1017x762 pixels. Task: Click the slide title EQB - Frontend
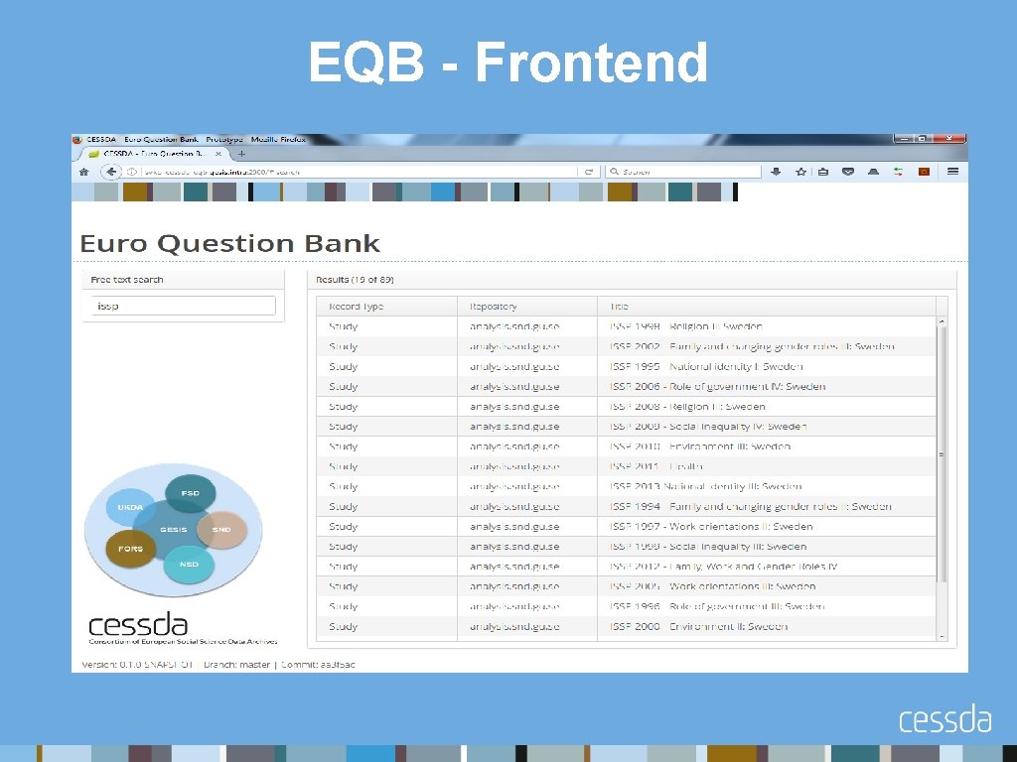click(508, 63)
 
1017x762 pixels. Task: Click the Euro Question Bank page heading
click(229, 243)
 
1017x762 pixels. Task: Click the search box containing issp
click(184, 307)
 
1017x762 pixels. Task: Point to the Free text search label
click(127, 280)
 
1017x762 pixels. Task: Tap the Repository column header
click(494, 307)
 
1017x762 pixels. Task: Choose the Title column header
click(621, 307)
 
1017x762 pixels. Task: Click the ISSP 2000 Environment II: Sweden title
click(699, 626)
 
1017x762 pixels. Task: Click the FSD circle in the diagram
click(190, 493)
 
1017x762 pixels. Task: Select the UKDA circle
click(130, 508)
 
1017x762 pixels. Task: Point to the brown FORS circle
click(131, 549)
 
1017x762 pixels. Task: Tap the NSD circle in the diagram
click(189, 565)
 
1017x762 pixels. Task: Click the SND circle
click(220, 530)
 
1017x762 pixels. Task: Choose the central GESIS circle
click(174, 530)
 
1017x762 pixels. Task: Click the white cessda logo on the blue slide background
click(944, 720)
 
